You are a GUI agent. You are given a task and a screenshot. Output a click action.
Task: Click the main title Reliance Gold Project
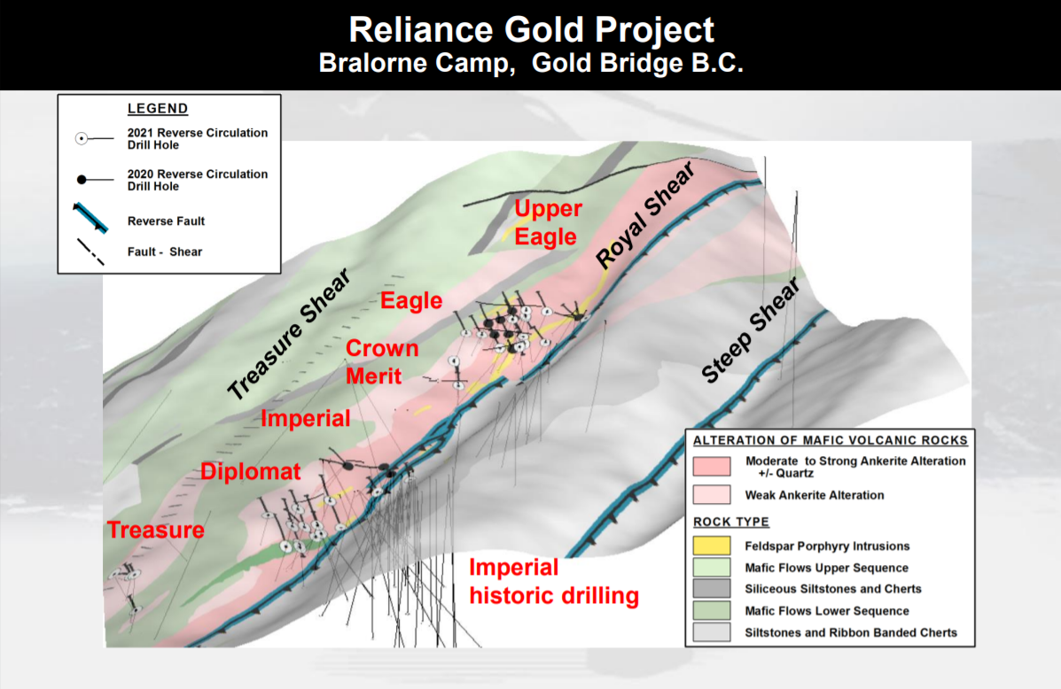point(531,30)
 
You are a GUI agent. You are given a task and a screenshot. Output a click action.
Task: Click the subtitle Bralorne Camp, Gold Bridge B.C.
point(531,63)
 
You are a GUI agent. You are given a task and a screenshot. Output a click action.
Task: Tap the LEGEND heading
point(158,108)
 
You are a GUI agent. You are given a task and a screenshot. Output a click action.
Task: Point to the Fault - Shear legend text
point(165,252)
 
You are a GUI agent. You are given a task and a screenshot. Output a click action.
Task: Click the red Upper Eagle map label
point(547,222)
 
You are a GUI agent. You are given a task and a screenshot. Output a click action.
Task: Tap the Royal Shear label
point(645,215)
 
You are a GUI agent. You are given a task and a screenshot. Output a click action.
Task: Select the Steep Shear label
point(750,330)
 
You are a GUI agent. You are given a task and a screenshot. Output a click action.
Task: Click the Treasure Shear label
point(289,334)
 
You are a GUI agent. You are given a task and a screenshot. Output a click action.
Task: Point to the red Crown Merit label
point(382,361)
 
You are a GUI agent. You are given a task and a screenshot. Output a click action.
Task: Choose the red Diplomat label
point(250,471)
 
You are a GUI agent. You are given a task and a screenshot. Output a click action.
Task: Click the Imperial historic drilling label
point(553,582)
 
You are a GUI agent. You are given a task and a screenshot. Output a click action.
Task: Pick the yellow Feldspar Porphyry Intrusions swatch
point(712,546)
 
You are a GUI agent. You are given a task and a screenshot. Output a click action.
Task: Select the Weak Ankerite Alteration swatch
point(712,494)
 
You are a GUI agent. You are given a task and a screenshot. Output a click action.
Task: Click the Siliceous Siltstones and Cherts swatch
point(712,588)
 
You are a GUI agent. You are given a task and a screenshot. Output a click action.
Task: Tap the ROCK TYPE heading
point(730,522)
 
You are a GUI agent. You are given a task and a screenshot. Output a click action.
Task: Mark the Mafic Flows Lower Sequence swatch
point(712,610)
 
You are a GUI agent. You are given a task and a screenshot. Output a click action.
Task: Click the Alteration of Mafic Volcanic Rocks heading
point(831,440)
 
